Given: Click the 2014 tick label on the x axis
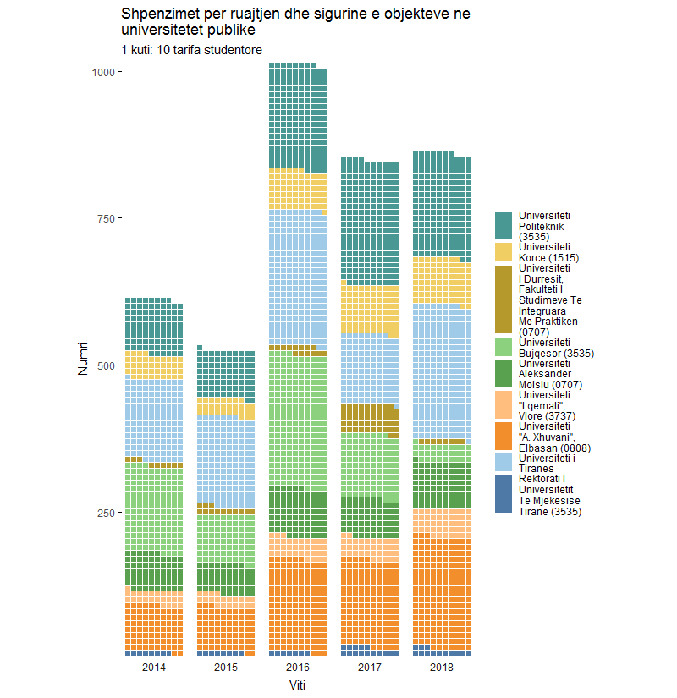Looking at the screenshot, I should coord(154,668).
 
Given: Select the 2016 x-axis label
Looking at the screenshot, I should coord(298,668).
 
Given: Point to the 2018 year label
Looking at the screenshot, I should coord(442,668).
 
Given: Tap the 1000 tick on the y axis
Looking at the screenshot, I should coord(102,72).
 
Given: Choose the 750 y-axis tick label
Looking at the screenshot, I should coord(105,219).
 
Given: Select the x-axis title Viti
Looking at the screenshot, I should coord(298,685).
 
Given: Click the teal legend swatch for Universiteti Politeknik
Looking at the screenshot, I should coord(504,226).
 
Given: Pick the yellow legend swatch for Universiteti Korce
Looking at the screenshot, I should coord(504,251).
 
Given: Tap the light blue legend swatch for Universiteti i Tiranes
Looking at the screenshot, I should coord(504,464).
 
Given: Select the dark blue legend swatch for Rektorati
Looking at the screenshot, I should coord(504,495).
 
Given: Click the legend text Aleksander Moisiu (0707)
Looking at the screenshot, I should coord(545,374).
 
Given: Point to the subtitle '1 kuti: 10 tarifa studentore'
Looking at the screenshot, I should coord(191,50).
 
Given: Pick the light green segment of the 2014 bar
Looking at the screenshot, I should coord(154,508).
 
